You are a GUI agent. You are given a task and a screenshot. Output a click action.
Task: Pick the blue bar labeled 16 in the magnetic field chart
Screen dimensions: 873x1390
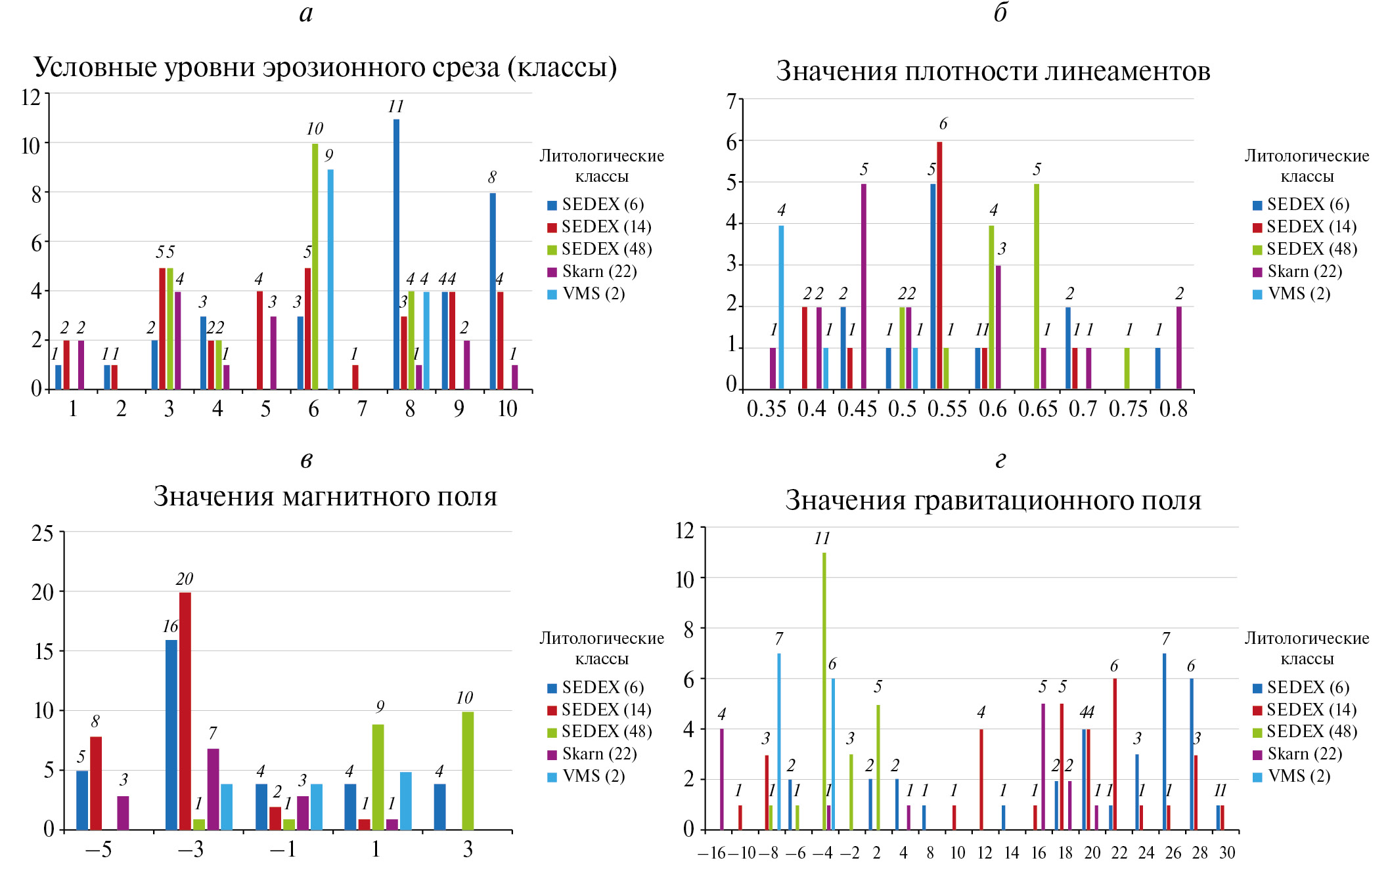coord(171,735)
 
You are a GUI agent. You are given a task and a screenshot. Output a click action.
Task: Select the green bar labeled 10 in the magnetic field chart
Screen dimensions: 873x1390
coord(468,771)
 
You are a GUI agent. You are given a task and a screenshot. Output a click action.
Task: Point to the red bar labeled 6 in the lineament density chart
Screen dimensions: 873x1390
coord(939,265)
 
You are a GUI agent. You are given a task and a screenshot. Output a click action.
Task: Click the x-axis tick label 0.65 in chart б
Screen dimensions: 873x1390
coord(1038,410)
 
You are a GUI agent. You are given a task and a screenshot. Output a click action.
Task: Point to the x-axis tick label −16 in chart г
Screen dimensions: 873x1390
coord(711,853)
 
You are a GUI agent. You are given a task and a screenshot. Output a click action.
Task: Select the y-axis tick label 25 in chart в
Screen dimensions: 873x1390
coord(43,534)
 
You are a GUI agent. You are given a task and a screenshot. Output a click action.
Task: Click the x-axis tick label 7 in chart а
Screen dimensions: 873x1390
coord(362,410)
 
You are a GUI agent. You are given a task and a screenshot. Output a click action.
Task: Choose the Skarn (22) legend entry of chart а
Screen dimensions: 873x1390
coord(599,272)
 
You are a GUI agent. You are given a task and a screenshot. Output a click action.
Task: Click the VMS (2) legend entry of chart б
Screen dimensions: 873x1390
coord(1299,294)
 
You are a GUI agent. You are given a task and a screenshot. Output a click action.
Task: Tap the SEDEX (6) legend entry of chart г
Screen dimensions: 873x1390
coord(1308,688)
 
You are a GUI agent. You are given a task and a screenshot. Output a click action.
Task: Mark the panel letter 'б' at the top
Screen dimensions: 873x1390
coord(1000,13)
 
